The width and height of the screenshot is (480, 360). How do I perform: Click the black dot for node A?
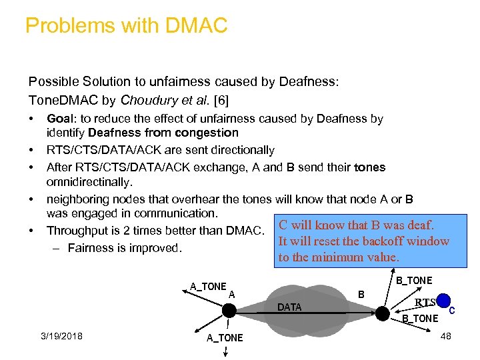[x=229, y=311]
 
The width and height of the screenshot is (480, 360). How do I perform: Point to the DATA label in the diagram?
[x=289, y=307]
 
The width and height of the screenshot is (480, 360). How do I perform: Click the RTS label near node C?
[x=425, y=303]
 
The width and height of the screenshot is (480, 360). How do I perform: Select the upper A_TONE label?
[x=208, y=287]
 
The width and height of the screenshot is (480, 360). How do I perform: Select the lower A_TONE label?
[x=225, y=338]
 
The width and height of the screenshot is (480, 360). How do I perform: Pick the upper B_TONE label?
[x=414, y=281]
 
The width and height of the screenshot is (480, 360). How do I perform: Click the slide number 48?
[x=445, y=336]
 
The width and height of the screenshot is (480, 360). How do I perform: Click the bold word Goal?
[x=59, y=119]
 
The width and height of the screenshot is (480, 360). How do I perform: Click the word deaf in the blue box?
[x=418, y=225]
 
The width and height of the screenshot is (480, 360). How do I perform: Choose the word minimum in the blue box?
[x=346, y=257]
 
